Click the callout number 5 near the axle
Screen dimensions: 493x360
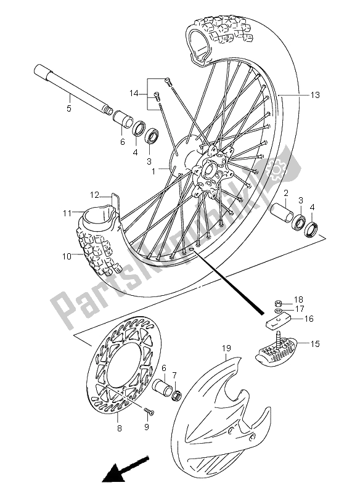(68, 109)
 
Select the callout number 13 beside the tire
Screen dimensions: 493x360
(315, 95)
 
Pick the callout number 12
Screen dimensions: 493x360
(94, 195)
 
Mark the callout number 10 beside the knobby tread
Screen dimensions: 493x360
(65, 256)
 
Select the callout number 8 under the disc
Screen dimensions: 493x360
(118, 417)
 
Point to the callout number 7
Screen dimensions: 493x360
(175, 375)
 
